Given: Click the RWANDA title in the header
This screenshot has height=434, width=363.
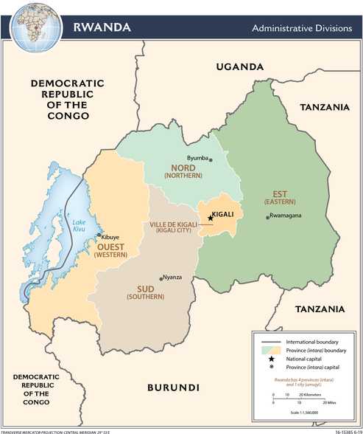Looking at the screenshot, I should point(102,27).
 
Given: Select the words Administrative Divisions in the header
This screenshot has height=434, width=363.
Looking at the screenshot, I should point(299,28).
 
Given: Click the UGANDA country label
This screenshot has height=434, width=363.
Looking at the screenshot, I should point(239,67).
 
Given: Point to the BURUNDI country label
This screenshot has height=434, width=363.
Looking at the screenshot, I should point(173,387).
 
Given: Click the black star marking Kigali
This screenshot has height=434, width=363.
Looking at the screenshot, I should point(210,217).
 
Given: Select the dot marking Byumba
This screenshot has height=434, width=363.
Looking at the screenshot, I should point(210,158).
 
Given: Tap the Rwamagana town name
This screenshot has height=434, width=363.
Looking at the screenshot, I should point(286,216).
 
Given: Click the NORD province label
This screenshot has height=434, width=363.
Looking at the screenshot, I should point(183,168).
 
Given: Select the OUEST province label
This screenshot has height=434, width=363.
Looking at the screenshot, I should point(111,247).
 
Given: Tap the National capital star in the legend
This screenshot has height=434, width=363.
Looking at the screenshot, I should point(271,356).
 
